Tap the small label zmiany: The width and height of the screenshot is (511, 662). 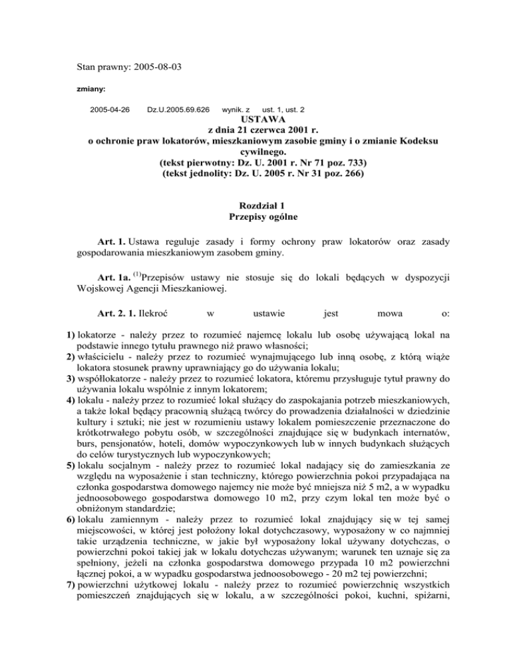tap(92, 87)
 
